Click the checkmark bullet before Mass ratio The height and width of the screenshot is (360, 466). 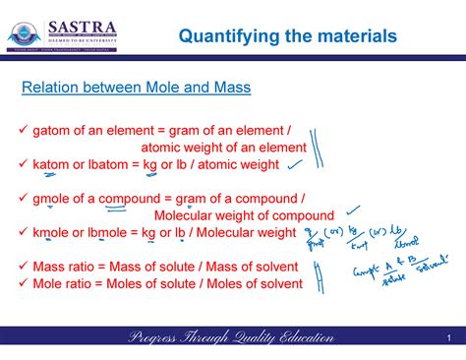tap(24, 267)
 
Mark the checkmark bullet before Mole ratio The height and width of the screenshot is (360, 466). tap(24, 283)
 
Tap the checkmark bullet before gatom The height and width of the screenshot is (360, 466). tap(24, 131)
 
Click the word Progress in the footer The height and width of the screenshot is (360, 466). tap(159, 338)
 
